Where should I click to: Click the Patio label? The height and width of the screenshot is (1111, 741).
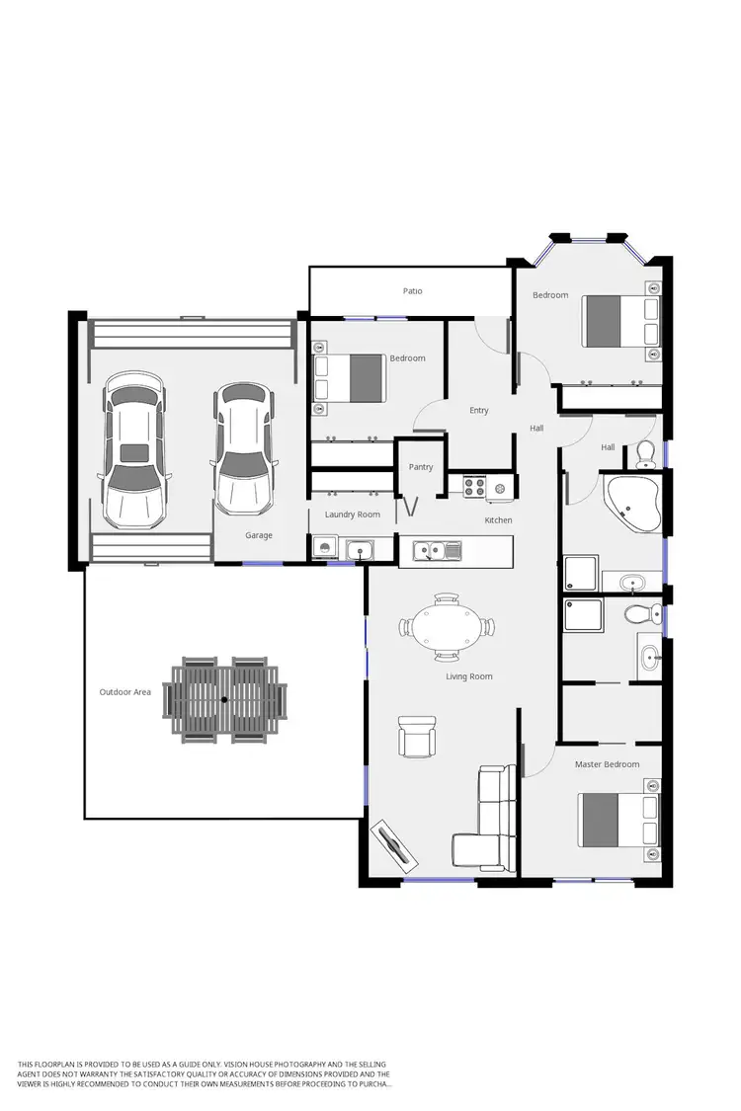pyautogui.click(x=412, y=291)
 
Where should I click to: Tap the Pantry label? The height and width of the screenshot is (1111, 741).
pyautogui.click(x=421, y=467)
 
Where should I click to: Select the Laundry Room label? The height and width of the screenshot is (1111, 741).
pyautogui.click(x=353, y=515)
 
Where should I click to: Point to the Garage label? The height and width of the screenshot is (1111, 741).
pyautogui.click(x=259, y=535)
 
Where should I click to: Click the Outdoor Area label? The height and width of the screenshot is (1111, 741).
pyautogui.click(x=125, y=692)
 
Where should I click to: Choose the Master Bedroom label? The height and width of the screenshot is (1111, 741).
pyautogui.click(x=607, y=764)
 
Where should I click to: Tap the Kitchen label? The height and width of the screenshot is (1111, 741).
pyautogui.click(x=498, y=520)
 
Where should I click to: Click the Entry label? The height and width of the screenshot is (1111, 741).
pyautogui.click(x=479, y=411)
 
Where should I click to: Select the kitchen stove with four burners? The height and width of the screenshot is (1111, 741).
pyautogui.click(x=475, y=486)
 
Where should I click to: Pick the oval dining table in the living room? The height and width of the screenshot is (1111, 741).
pyautogui.click(x=447, y=626)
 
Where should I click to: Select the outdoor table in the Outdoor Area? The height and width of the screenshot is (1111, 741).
pyautogui.click(x=224, y=699)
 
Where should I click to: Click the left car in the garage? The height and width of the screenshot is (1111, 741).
pyautogui.click(x=134, y=451)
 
